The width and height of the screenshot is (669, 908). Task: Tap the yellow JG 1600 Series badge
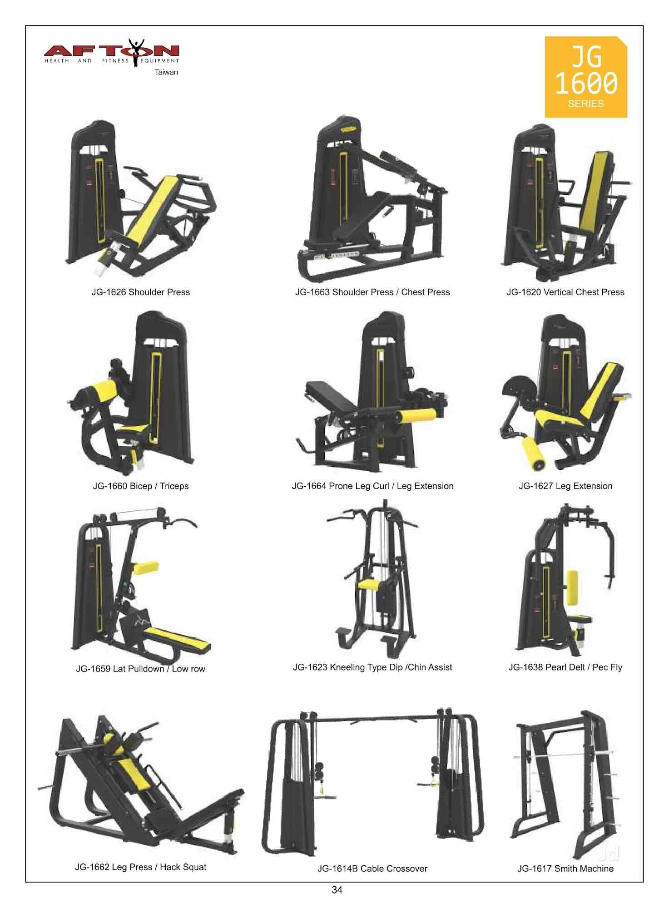coord(585,77)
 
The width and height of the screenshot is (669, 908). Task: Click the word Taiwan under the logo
coord(166,72)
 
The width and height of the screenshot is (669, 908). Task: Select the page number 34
coord(337,889)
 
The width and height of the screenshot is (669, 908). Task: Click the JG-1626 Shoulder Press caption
coord(140,292)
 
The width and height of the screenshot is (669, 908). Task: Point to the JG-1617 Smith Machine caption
coord(565,869)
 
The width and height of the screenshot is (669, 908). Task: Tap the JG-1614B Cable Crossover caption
coord(372,869)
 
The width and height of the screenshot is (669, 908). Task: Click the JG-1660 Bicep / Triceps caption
coord(140,486)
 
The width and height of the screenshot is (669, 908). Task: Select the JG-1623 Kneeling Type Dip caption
coord(372,667)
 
